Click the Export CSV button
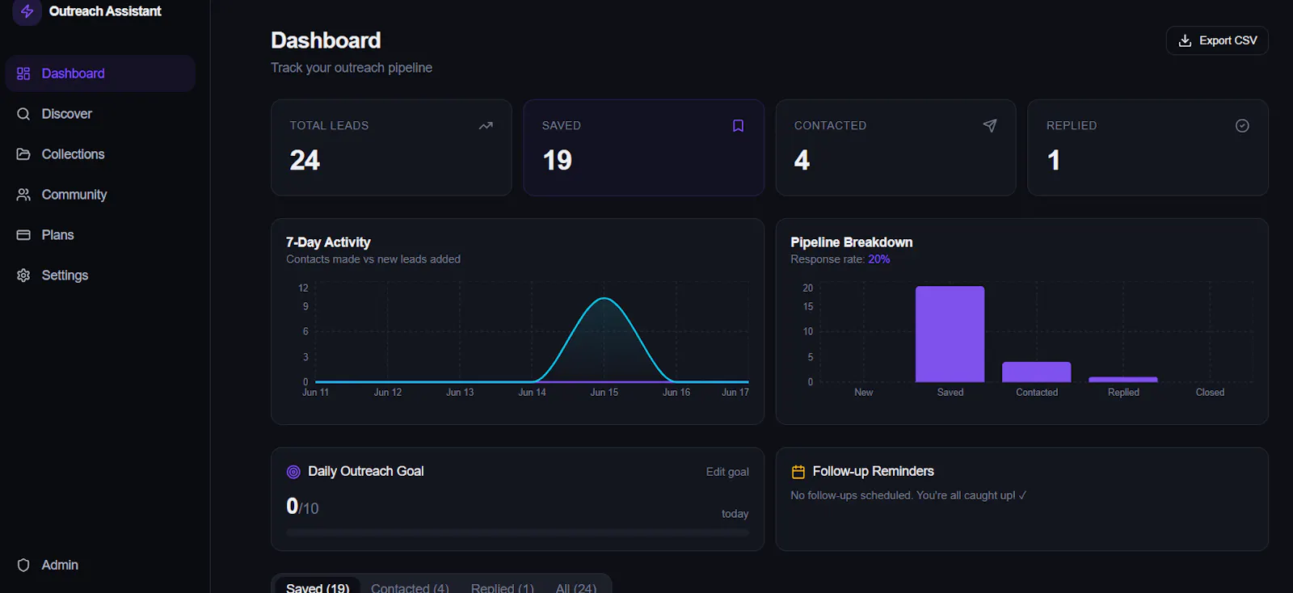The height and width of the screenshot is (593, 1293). [1217, 40]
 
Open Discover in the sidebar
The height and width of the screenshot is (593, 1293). [66, 114]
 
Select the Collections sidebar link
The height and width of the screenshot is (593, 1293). [73, 154]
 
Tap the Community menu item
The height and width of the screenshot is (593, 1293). [74, 195]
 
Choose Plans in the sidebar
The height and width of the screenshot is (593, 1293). [57, 235]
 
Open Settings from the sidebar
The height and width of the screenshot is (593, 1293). [65, 275]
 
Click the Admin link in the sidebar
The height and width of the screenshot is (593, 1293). [60, 565]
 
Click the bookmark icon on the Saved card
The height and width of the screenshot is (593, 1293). [738, 126]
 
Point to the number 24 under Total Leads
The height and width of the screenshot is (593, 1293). [304, 160]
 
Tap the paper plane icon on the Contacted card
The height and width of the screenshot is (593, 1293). [990, 126]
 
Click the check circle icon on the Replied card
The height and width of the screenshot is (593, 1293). [1242, 126]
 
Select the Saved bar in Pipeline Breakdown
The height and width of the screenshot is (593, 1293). [950, 334]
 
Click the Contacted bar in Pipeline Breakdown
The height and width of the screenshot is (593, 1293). [1036, 372]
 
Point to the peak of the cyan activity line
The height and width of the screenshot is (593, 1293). [604, 298]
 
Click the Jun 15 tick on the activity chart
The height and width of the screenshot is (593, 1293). [604, 393]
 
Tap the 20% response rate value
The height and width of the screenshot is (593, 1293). [878, 259]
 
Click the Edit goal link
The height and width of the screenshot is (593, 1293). [727, 472]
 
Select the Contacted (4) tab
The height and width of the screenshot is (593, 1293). [410, 587]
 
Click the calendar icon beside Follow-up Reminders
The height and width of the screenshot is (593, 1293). [798, 472]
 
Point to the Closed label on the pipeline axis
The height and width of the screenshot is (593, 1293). [1209, 393]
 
